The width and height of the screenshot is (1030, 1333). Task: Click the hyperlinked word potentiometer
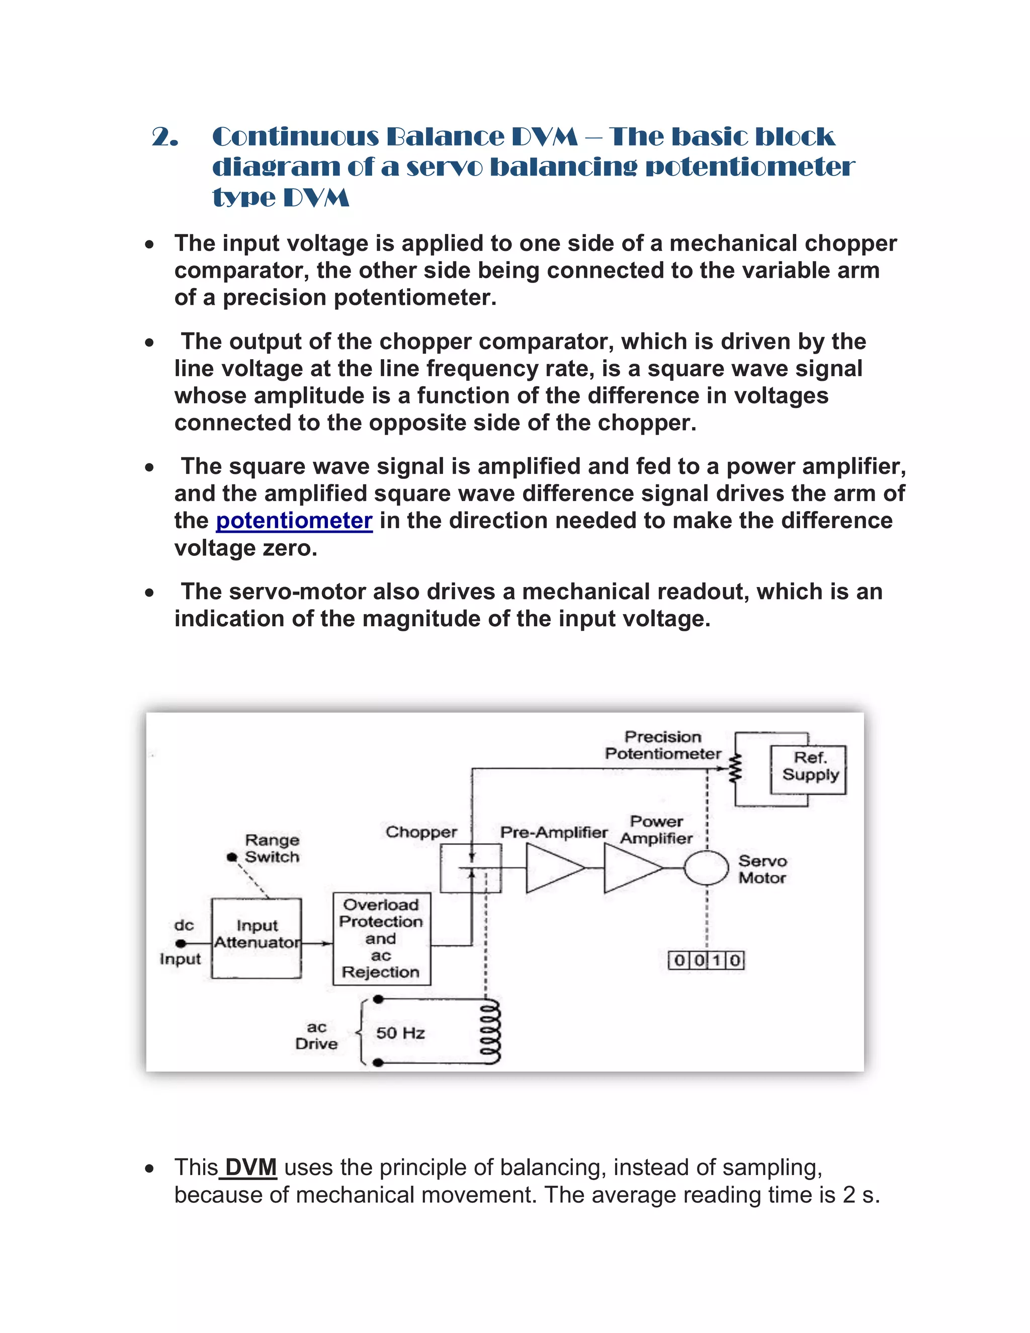click(294, 521)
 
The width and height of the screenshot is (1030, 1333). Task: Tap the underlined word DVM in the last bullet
click(251, 1167)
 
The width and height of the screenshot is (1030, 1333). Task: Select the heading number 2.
click(165, 137)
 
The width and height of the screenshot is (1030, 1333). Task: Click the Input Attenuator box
click(256, 938)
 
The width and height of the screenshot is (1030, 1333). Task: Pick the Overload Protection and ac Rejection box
click(381, 938)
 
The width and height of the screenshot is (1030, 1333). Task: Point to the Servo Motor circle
click(706, 867)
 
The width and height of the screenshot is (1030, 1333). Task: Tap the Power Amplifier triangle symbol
click(630, 867)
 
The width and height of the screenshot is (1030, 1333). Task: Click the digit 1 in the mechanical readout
click(717, 961)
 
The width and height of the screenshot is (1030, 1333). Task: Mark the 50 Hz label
click(400, 1033)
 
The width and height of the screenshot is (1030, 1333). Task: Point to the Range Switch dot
click(231, 857)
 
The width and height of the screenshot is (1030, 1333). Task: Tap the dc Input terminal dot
click(180, 944)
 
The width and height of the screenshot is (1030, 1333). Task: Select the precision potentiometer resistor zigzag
click(736, 769)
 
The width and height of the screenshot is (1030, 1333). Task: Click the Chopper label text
click(421, 832)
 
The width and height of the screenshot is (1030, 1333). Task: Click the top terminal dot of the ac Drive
click(378, 999)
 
